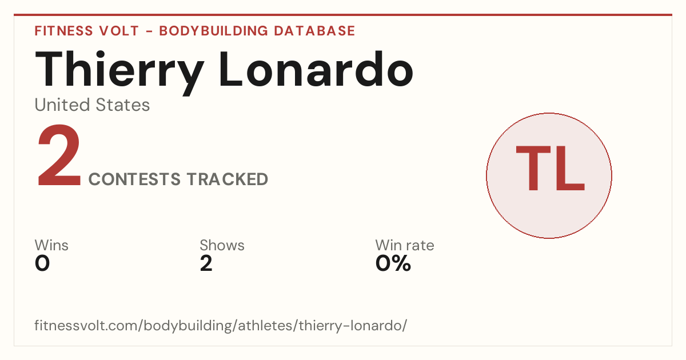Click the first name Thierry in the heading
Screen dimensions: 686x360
pos(119,72)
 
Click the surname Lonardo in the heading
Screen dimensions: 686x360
pos(316,69)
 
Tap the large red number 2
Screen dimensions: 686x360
pos(59,155)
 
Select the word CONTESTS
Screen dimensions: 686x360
pos(134,179)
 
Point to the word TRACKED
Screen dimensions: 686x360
pos(228,179)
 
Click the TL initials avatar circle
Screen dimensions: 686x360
pos(549,175)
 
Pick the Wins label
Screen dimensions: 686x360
pos(51,245)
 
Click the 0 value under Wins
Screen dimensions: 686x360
pos(42,263)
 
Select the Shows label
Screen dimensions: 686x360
pos(222,245)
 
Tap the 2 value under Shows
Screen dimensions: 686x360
pos(206,263)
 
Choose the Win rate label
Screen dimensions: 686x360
pos(405,245)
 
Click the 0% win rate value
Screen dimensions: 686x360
pos(393,263)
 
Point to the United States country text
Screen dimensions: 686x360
pos(92,105)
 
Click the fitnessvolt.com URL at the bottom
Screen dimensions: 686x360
pos(221,325)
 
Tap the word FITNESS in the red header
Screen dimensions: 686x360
pos(63,31)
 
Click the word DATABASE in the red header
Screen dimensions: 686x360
pos(314,31)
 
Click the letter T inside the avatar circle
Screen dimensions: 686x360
pos(533,169)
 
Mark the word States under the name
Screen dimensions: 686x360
pos(123,105)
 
